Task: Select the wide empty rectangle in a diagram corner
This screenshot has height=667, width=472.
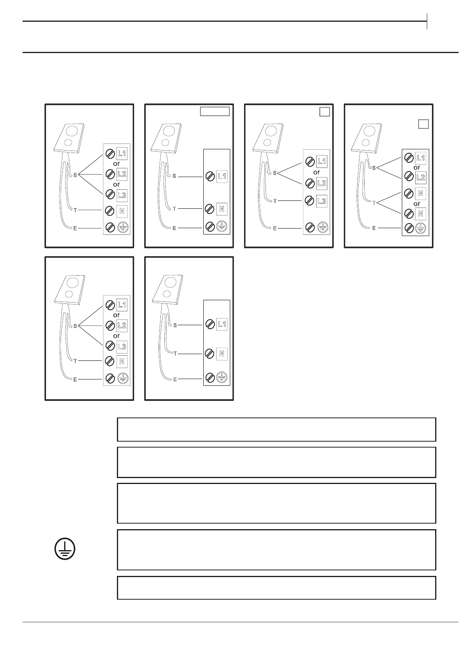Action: [214, 111]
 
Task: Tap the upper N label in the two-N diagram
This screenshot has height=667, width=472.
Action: [420, 194]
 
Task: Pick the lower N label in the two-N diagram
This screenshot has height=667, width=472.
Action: [420, 214]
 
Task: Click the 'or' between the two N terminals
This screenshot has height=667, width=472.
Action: [417, 204]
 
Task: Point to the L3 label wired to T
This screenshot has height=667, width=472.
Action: [322, 201]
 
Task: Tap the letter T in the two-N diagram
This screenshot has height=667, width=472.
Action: [374, 203]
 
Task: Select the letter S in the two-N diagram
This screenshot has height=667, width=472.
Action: [374, 168]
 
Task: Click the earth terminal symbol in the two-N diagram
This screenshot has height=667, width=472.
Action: [420, 228]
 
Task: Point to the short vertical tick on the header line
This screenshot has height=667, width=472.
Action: [427, 21]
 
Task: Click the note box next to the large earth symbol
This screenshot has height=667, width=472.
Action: [276, 550]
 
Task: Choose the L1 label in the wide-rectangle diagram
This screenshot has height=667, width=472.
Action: [222, 176]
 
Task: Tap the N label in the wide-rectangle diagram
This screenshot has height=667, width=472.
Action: [222, 209]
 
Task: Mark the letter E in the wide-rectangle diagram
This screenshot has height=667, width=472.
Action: [174, 228]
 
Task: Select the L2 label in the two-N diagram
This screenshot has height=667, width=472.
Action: [420, 177]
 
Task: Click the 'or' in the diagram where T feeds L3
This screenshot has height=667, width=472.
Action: [316, 172]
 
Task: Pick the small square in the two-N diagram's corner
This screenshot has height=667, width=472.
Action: [423, 124]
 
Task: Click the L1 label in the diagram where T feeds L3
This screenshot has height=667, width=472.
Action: [322, 161]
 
